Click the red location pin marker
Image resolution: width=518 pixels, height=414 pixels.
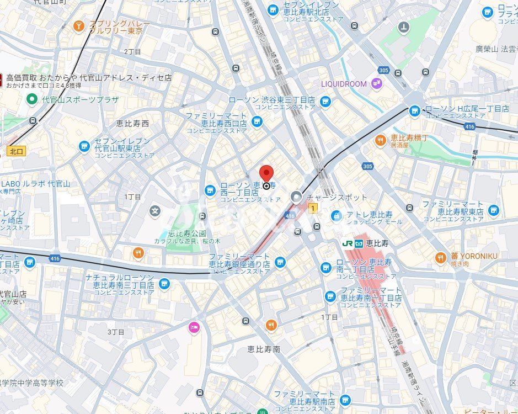tap(266, 173)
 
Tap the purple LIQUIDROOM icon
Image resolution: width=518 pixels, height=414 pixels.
tap(376, 84)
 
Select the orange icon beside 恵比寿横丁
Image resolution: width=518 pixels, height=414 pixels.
tap(380, 141)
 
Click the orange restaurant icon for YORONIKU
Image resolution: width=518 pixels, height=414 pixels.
tap(440, 257)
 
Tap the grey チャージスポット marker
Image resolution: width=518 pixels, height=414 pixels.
tap(297, 197)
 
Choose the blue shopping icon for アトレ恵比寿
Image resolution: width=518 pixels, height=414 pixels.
tap(336, 215)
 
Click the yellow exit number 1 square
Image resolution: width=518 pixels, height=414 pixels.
tap(313, 208)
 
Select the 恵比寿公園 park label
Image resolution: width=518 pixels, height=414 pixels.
tap(188, 233)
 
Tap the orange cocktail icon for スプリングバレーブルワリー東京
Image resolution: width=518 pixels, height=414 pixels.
tap(79, 26)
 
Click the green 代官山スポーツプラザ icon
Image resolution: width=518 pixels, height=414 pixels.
tap(33, 99)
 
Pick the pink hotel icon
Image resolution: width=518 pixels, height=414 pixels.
tap(193, 327)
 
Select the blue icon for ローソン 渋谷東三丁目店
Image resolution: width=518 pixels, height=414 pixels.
tap(325, 101)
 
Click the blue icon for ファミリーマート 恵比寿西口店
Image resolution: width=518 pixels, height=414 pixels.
tap(257, 121)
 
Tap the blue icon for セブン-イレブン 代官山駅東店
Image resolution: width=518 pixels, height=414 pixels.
tap(84, 146)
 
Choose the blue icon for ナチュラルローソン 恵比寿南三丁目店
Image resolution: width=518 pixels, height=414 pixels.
tap(164, 283)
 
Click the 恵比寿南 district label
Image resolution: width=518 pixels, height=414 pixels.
tap(264, 349)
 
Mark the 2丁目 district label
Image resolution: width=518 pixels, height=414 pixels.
tap(132, 51)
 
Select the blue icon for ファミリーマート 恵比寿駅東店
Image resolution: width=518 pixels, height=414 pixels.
tap(493, 209)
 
